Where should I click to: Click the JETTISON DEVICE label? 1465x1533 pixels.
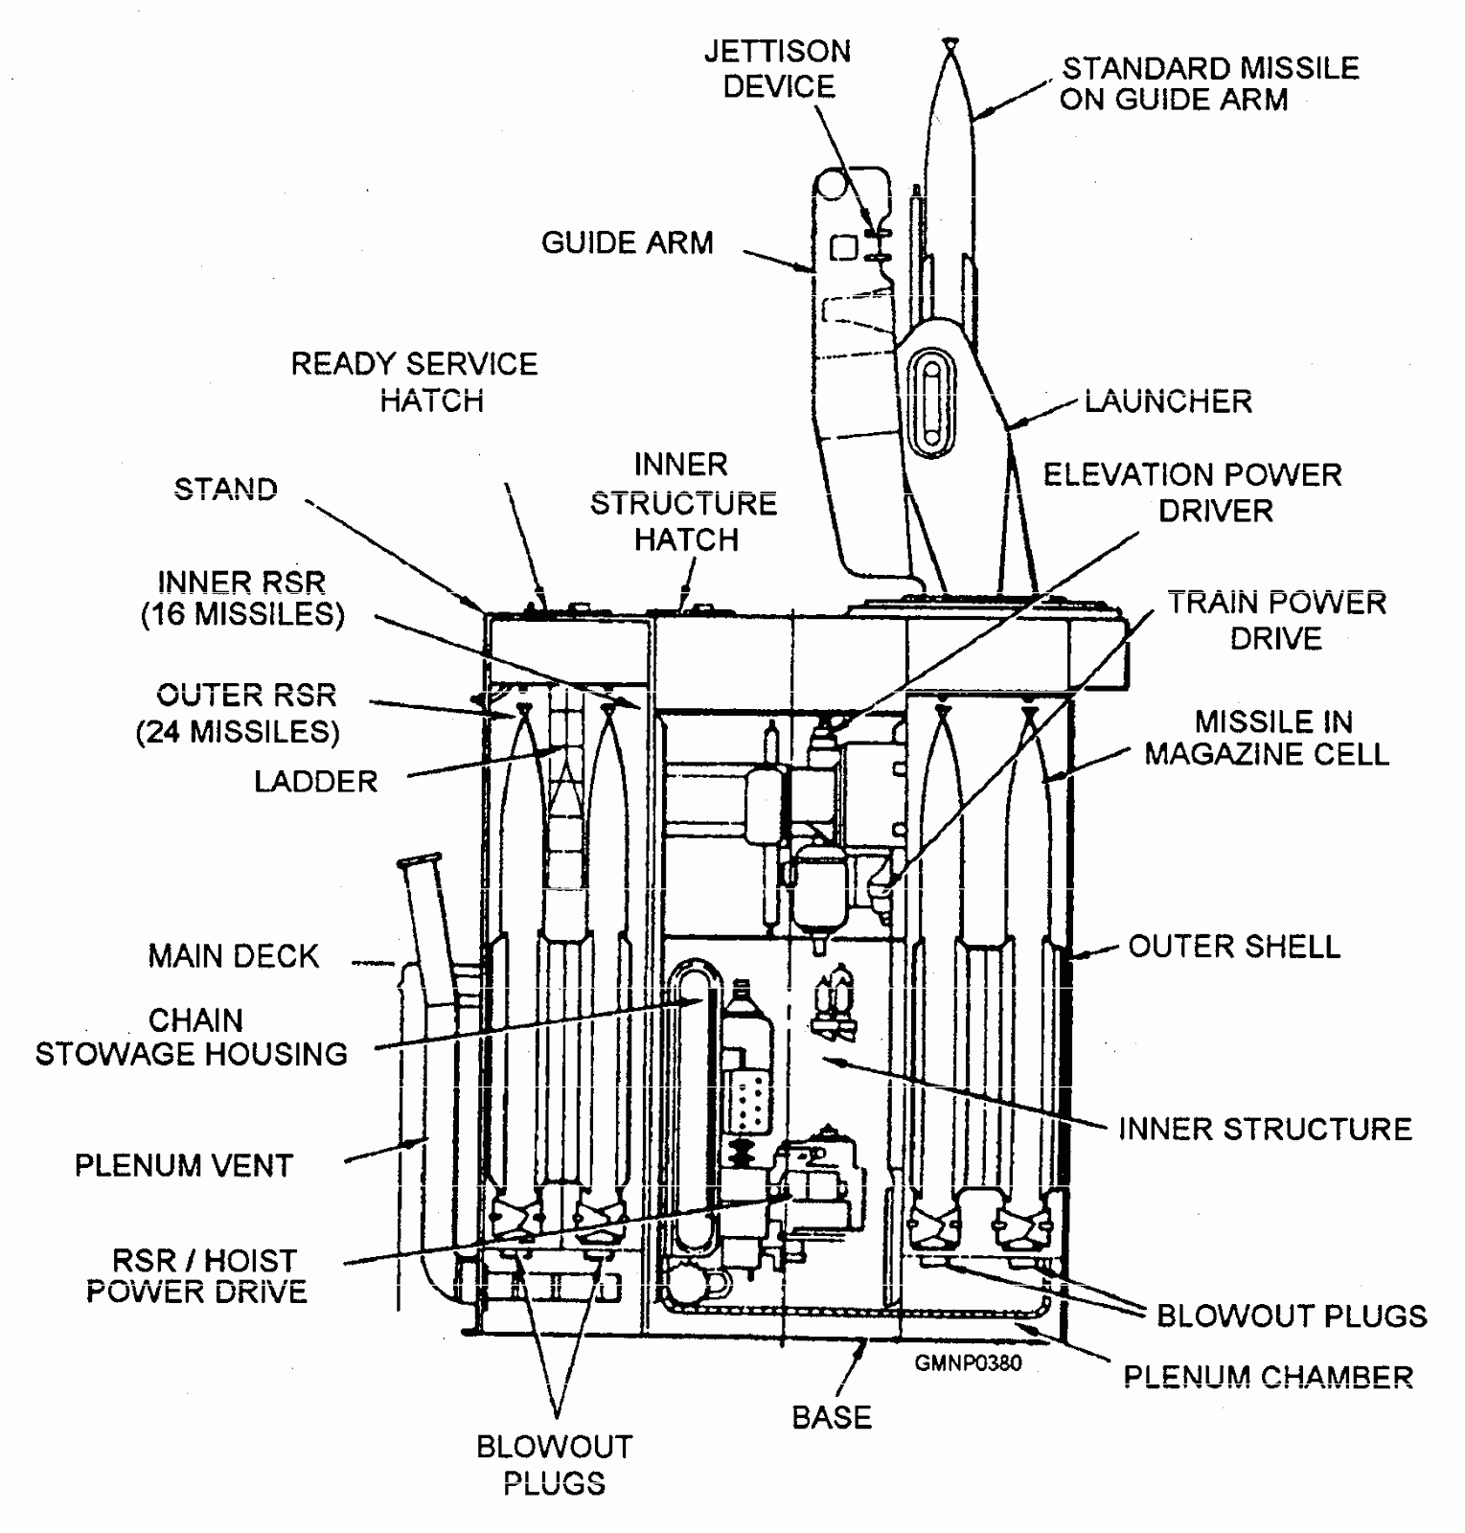click(x=777, y=68)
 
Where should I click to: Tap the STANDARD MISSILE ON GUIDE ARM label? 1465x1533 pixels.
click(x=1210, y=83)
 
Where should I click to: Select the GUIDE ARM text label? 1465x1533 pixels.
click(x=628, y=242)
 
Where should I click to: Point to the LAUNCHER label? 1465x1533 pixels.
click(x=1168, y=400)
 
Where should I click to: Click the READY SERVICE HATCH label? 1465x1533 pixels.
click(x=414, y=381)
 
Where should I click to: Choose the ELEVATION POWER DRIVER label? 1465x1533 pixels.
click(x=1193, y=492)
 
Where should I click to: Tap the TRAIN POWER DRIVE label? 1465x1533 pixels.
click(x=1277, y=620)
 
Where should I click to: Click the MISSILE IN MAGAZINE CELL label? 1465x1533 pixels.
click(x=1267, y=738)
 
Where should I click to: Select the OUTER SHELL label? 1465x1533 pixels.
click(x=1234, y=947)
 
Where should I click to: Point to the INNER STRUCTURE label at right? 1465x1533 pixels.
click(x=1265, y=1129)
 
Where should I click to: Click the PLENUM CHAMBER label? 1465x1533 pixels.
click(x=1268, y=1377)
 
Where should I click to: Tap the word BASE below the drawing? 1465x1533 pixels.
click(x=832, y=1417)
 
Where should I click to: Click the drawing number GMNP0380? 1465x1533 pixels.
click(x=968, y=1362)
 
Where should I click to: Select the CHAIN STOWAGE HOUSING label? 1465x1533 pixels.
click(x=192, y=1037)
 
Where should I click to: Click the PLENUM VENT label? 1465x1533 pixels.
click(x=184, y=1165)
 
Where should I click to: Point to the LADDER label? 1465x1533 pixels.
click(x=316, y=781)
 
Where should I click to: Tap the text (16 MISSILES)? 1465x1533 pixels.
click(x=242, y=614)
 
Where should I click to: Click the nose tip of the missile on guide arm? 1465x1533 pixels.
click(x=949, y=40)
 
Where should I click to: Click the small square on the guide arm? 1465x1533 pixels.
click(x=843, y=248)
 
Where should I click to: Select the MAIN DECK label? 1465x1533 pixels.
click(x=233, y=956)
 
